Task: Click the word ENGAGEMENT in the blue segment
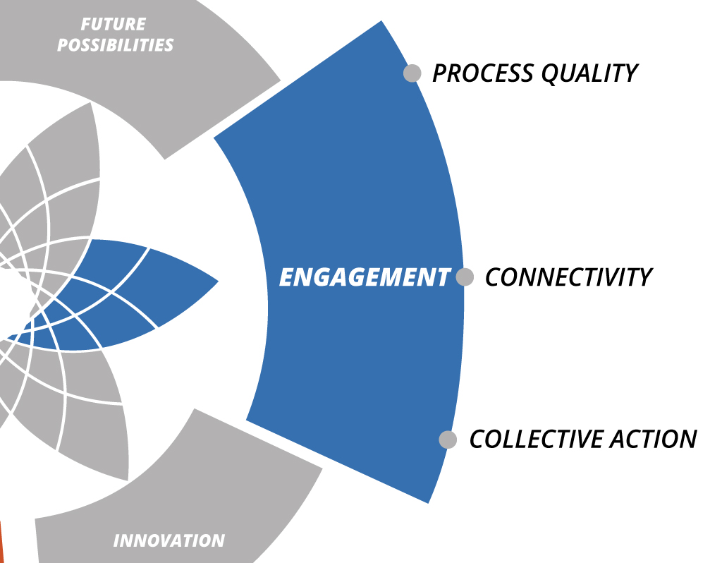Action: click(365, 277)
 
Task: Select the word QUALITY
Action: click(589, 73)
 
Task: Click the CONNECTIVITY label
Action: click(569, 277)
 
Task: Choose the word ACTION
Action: click(654, 439)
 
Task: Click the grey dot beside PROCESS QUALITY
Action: click(412, 73)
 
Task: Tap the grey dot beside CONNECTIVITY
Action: click(465, 277)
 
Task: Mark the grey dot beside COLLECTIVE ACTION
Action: click(448, 440)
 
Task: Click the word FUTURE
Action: click(114, 24)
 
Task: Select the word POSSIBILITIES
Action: click(115, 45)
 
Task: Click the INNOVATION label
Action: click(169, 540)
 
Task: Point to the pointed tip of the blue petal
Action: click(217, 281)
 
